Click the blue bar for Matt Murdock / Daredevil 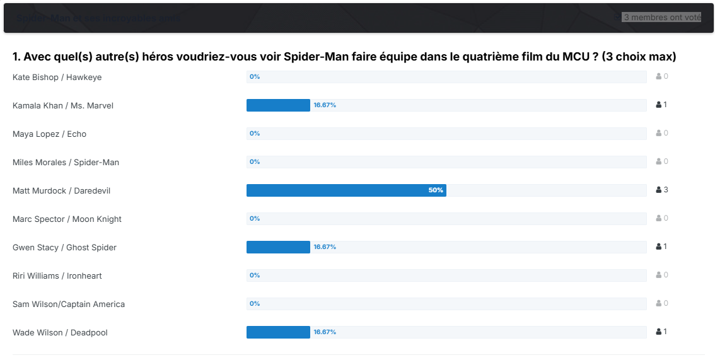pyautogui.click(x=346, y=190)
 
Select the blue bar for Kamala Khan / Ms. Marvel pyautogui.click(x=278, y=105)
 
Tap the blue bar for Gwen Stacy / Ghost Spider pyautogui.click(x=278, y=247)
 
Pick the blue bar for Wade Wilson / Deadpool pyautogui.click(x=278, y=332)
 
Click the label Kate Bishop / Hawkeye pyautogui.click(x=57, y=77)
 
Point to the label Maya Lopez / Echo pyautogui.click(x=49, y=134)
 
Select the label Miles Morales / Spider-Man pyautogui.click(x=66, y=162)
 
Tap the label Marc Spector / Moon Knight pyautogui.click(x=67, y=219)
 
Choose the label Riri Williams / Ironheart pyautogui.click(x=57, y=276)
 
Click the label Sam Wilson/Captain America pyautogui.click(x=69, y=304)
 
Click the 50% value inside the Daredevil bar pyautogui.click(x=436, y=190)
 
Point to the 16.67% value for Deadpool pyautogui.click(x=325, y=332)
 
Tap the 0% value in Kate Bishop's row pyautogui.click(x=255, y=77)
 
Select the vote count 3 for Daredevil pyautogui.click(x=665, y=190)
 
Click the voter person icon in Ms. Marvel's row pyautogui.click(x=659, y=105)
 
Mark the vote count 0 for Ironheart pyautogui.click(x=665, y=275)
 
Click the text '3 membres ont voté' pyautogui.click(x=662, y=18)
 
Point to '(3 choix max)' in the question pyautogui.click(x=639, y=57)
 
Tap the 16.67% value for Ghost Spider pyautogui.click(x=325, y=247)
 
